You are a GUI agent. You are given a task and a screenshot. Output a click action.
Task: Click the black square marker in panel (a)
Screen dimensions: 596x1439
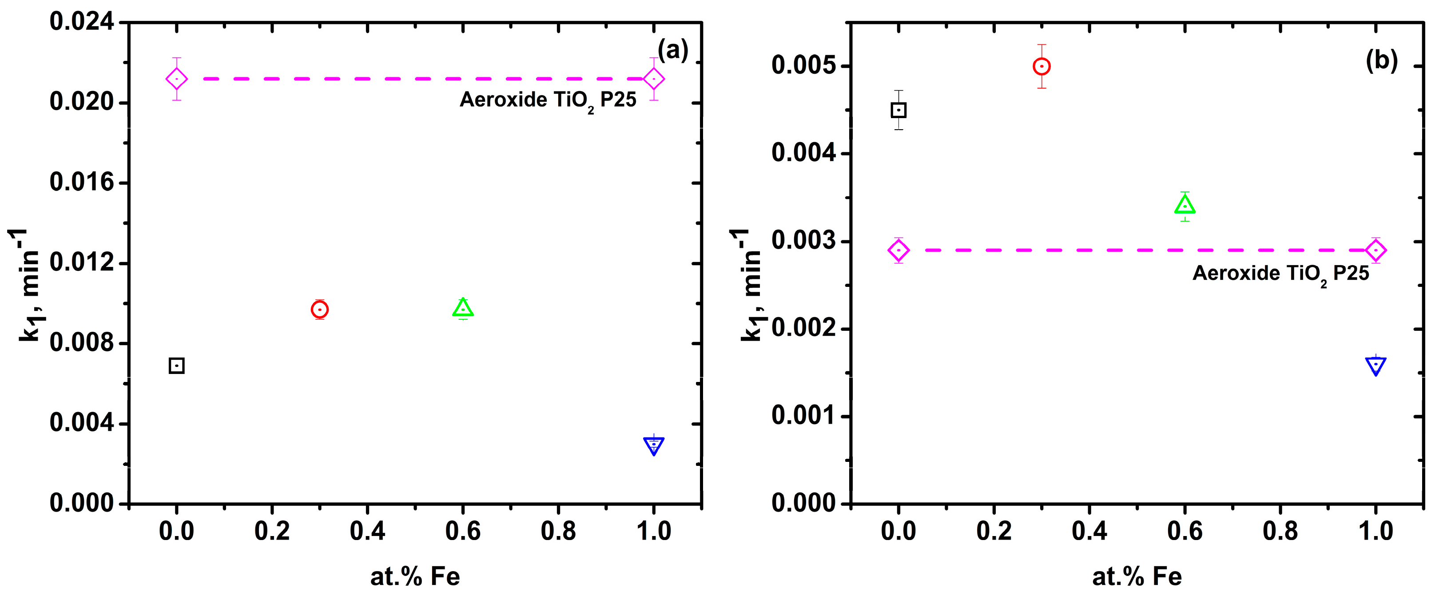pos(176,366)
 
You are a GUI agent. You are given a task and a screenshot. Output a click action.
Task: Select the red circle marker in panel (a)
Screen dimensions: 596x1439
pos(319,310)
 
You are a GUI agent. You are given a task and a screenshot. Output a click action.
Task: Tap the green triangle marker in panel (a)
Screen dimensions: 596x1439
pos(463,308)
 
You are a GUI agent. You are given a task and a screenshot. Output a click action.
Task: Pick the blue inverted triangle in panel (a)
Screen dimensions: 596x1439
pos(654,445)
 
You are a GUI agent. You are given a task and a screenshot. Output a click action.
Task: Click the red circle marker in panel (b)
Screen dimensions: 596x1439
pos(1041,67)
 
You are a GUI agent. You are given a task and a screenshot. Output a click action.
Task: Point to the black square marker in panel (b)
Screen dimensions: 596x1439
pos(898,110)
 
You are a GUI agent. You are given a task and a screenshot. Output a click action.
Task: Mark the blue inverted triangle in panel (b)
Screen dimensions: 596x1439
pos(1375,366)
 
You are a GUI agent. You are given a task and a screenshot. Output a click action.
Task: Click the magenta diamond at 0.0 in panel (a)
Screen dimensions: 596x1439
pos(176,79)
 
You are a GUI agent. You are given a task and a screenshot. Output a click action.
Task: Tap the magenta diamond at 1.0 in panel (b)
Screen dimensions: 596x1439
pos(1375,250)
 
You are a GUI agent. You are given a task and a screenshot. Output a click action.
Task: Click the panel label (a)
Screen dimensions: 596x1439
pos(672,50)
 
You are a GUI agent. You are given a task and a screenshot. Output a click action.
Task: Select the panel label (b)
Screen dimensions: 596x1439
pos(1381,60)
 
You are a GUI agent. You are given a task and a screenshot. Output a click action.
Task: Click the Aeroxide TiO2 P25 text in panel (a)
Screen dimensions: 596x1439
pos(548,100)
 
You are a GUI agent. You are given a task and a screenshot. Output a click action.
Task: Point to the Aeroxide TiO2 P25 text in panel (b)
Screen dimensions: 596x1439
pos(1280,274)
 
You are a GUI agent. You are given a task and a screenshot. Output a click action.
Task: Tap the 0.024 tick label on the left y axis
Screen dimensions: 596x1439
pos(82,22)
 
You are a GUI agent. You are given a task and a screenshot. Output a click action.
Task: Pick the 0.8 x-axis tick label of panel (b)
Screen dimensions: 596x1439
pos(1280,531)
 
